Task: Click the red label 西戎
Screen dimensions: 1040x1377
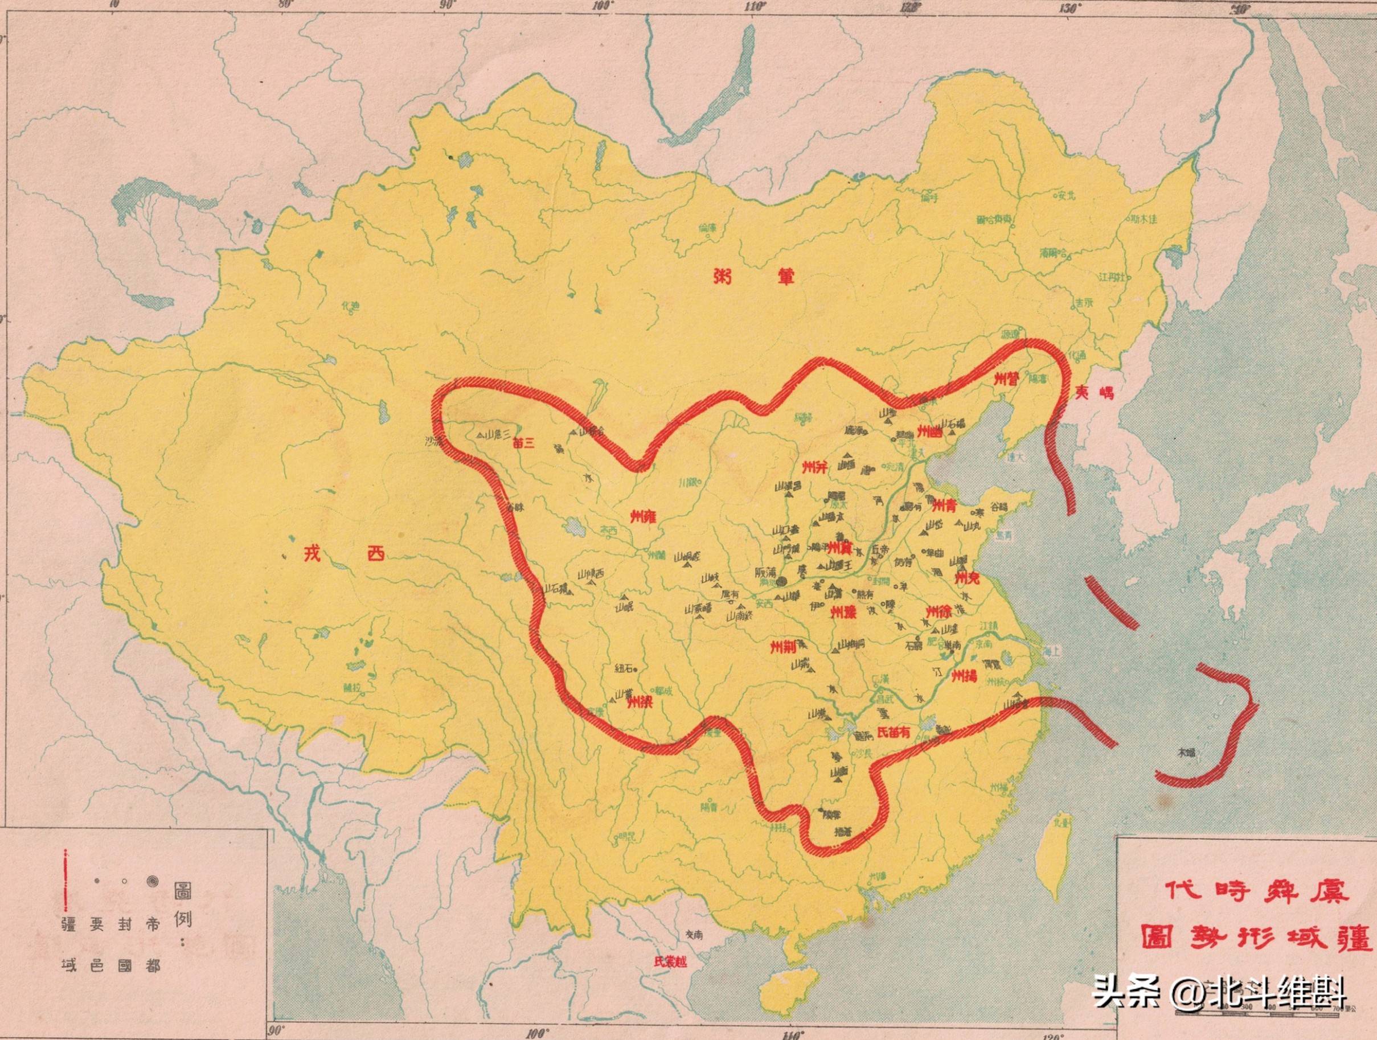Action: tap(344, 553)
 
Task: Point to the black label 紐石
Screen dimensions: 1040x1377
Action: tap(624, 669)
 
